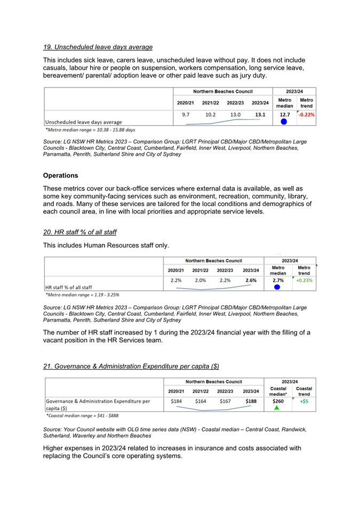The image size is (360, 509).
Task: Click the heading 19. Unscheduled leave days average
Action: (98, 47)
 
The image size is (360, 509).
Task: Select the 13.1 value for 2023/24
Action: (260, 114)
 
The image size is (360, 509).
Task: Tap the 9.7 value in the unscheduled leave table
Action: (185, 114)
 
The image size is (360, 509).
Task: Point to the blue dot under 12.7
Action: (284, 122)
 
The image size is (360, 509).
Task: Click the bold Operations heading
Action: (60, 176)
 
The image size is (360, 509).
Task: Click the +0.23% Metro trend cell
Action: (304, 280)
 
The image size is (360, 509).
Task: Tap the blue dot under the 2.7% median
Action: (277, 287)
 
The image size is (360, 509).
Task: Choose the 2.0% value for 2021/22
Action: (200, 280)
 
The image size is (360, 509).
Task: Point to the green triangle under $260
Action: (277, 408)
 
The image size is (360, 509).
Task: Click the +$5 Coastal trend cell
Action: (304, 401)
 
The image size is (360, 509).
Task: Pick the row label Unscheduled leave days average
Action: (83, 122)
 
